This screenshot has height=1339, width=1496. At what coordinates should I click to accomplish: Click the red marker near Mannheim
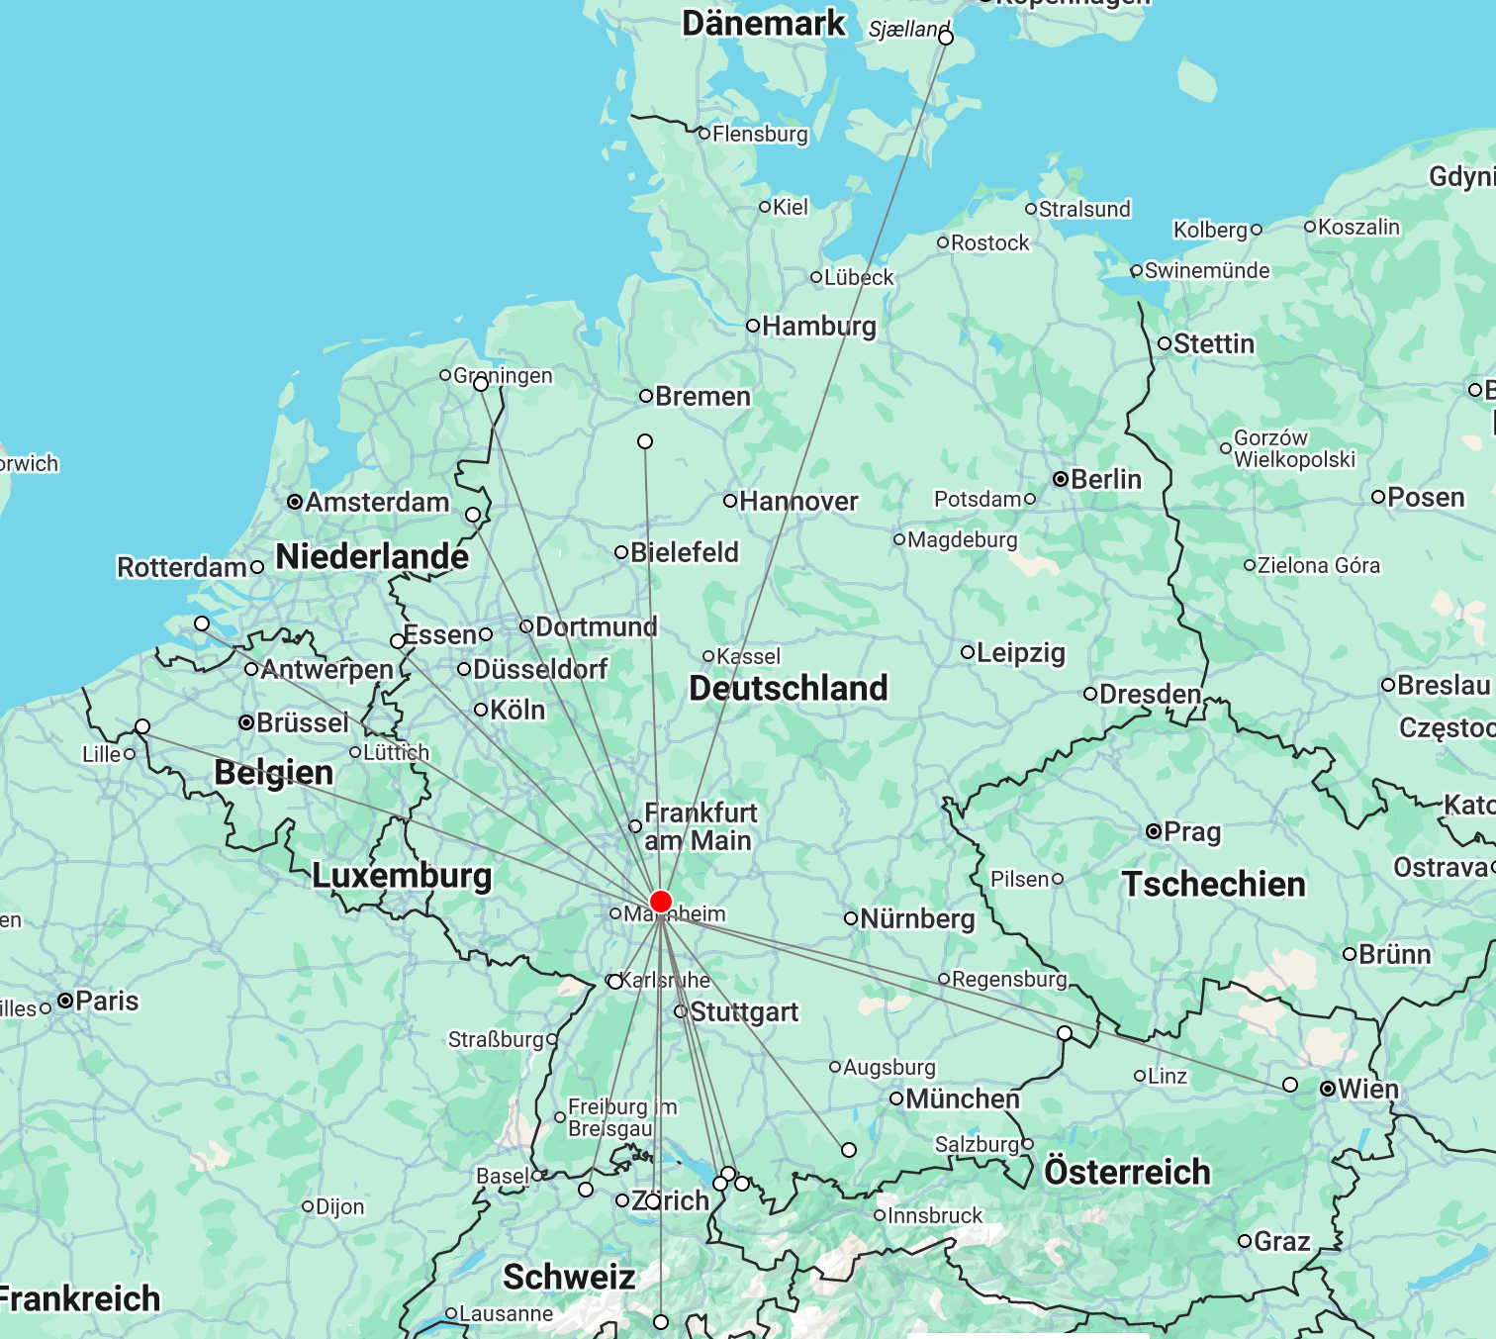click(x=661, y=902)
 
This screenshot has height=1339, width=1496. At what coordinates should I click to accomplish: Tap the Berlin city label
click(x=1105, y=479)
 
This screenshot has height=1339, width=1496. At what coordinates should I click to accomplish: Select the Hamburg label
click(x=818, y=326)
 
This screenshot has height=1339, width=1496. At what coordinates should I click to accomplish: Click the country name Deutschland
click(x=788, y=688)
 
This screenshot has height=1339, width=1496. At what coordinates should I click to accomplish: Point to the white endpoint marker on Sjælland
click(x=946, y=38)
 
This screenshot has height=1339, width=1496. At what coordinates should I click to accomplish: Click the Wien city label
click(x=1367, y=1089)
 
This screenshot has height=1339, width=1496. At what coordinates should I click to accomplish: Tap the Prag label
click(x=1191, y=831)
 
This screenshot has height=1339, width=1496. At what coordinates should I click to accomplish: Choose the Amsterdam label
click(x=376, y=502)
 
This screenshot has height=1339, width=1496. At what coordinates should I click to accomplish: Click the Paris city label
click(x=106, y=1001)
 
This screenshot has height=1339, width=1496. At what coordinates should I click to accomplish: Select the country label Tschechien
click(x=1213, y=884)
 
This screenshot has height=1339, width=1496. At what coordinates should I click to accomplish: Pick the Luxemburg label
click(x=402, y=875)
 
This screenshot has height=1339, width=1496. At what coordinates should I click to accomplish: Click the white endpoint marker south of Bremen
click(x=645, y=441)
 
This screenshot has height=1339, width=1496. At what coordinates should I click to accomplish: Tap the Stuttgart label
click(x=744, y=1011)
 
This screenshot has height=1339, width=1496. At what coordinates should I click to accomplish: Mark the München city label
click(x=962, y=1099)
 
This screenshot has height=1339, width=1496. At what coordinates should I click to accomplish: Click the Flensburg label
click(x=759, y=134)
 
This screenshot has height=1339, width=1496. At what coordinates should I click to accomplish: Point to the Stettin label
click(x=1213, y=343)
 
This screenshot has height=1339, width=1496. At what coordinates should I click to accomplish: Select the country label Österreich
click(x=1127, y=1172)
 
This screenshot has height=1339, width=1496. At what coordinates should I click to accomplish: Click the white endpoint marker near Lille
click(x=142, y=726)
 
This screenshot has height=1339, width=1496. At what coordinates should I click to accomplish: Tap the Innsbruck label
click(x=935, y=1215)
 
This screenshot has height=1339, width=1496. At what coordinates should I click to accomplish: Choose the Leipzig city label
click(x=1020, y=652)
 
